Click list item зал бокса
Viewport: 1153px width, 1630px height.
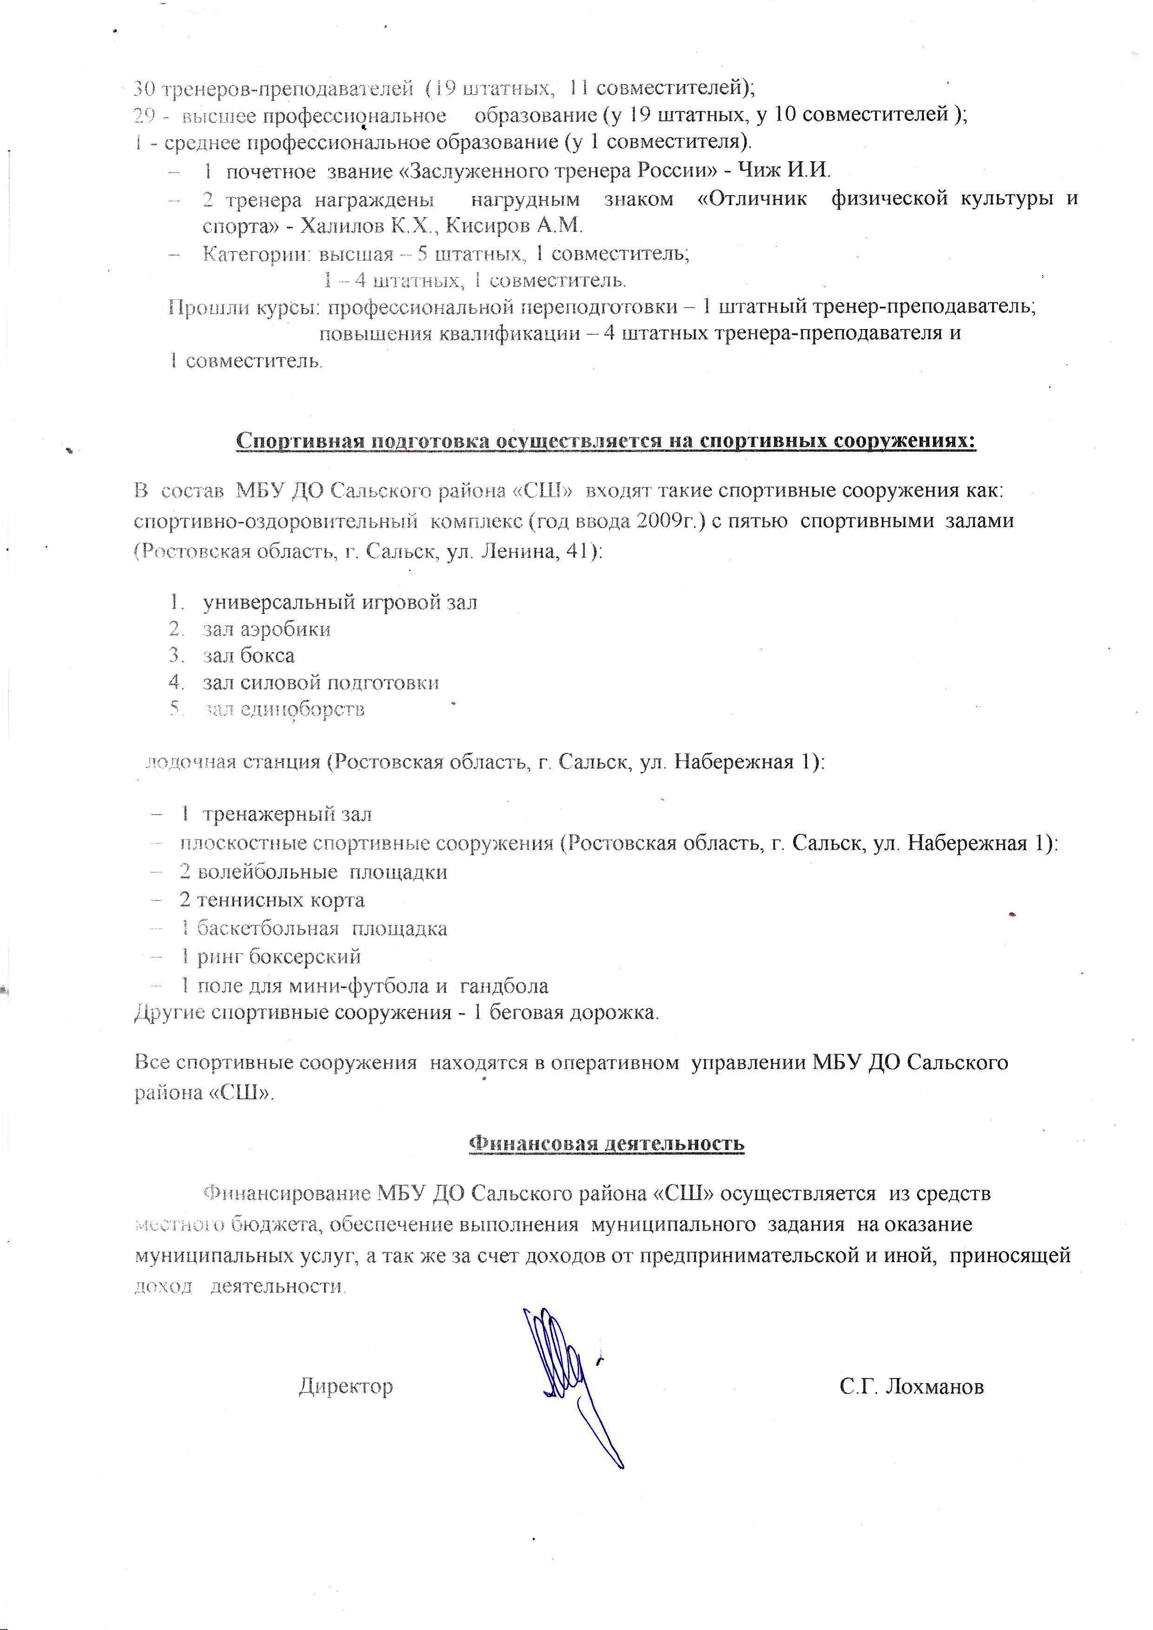[x=248, y=655]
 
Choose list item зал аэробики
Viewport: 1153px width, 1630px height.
[x=266, y=629]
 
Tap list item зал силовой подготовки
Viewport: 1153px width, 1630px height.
[x=321, y=682]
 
